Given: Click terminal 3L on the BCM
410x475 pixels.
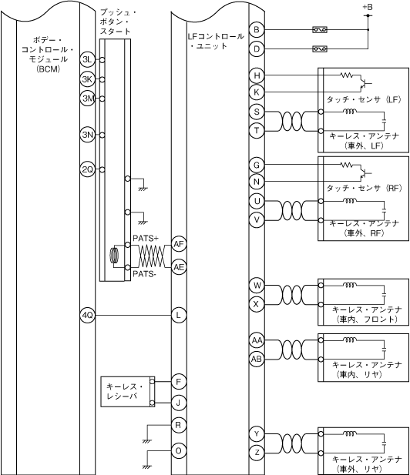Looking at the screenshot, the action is pyautogui.click(x=88, y=60).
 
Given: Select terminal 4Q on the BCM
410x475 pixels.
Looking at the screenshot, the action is pyautogui.click(x=88, y=316).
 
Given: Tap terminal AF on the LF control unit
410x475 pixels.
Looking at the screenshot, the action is pyautogui.click(x=179, y=244).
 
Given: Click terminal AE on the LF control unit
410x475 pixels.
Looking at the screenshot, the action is pyautogui.click(x=179, y=267).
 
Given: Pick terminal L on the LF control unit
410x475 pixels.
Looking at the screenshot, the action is pyautogui.click(x=179, y=316).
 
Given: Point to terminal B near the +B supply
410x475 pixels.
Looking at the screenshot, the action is pyautogui.click(x=257, y=30).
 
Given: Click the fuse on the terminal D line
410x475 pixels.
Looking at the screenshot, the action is pyautogui.click(x=320, y=49).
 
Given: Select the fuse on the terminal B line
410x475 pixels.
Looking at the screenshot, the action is pyautogui.click(x=320, y=30).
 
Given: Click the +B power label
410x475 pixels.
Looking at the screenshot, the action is pyautogui.click(x=368, y=7).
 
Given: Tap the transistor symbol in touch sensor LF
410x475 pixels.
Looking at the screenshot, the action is pyautogui.click(x=365, y=82).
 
